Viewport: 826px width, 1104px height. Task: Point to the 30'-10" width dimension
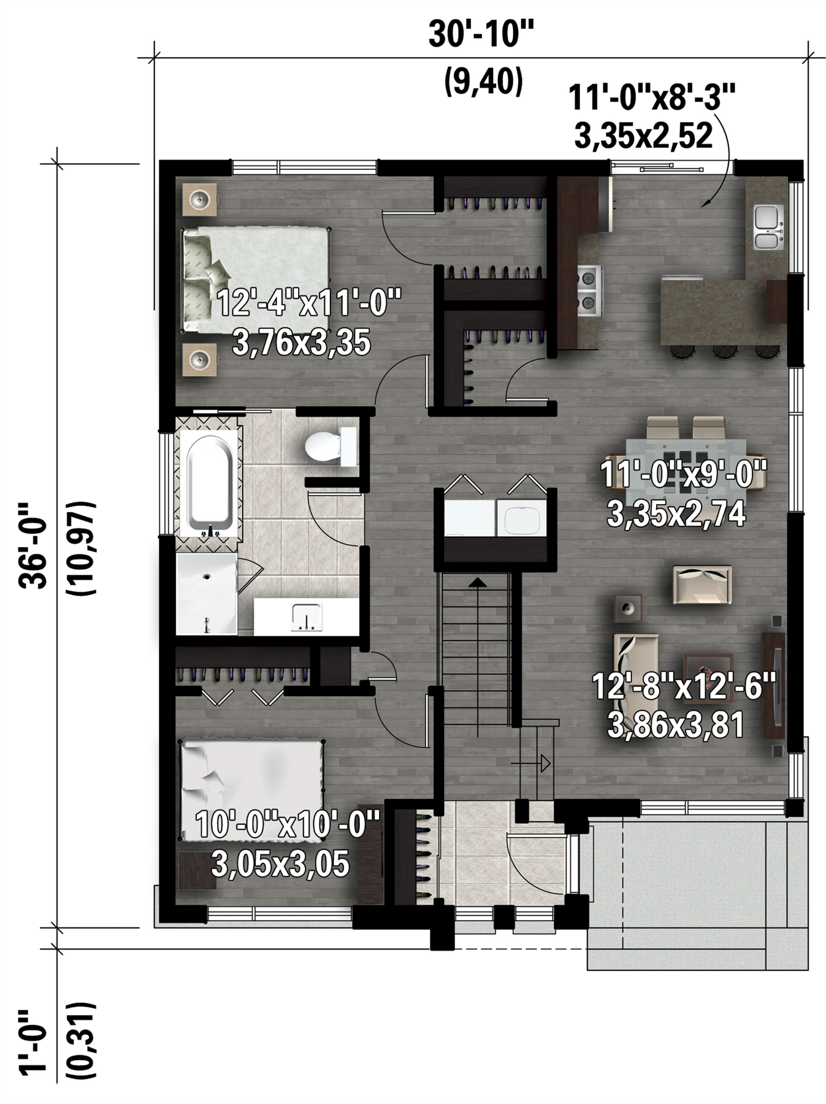pyautogui.click(x=481, y=33)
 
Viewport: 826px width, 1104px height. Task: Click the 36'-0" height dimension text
pyautogui.click(x=33, y=545)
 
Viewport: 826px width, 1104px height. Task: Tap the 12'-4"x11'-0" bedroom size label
pyautogui.click(x=309, y=303)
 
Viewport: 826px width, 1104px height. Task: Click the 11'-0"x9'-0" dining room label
pyautogui.click(x=683, y=474)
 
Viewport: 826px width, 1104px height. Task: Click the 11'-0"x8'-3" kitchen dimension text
pyautogui.click(x=651, y=97)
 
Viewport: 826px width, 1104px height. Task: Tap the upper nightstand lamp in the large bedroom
pyautogui.click(x=200, y=199)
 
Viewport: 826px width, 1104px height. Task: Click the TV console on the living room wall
pyautogui.click(x=773, y=685)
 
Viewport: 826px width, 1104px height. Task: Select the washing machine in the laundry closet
pyautogui.click(x=521, y=520)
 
